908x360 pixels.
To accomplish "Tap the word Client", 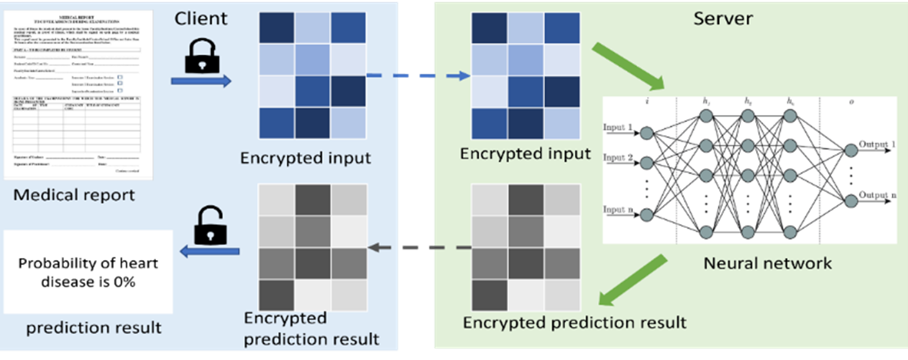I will (201, 17).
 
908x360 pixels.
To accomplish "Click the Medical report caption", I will (74, 195).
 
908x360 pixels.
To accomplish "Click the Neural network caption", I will (768, 263).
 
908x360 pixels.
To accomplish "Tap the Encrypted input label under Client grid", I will (305, 159).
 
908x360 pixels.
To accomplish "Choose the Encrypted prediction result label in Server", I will (574, 322).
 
